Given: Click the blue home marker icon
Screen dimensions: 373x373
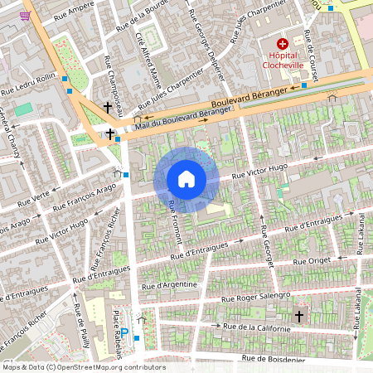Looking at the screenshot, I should (186, 179).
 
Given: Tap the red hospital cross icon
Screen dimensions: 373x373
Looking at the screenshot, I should (283, 43).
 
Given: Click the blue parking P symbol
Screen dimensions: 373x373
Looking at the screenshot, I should (125, 332).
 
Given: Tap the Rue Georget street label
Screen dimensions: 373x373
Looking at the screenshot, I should (267, 245).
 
